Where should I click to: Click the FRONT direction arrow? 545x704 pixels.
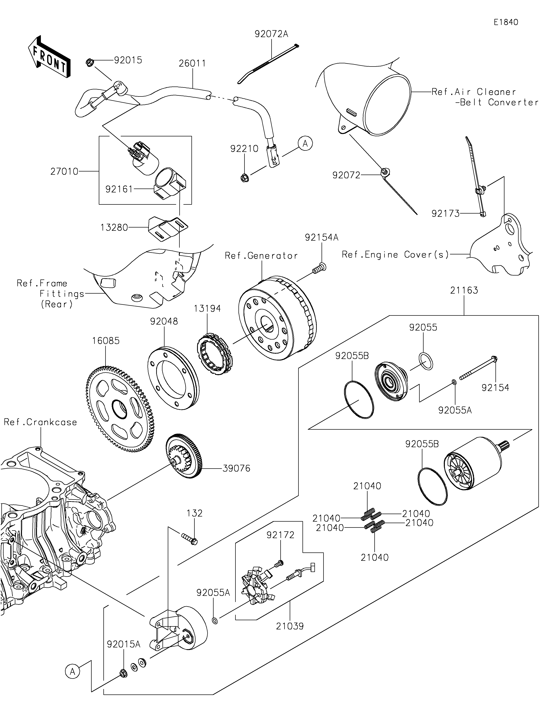click(x=49, y=57)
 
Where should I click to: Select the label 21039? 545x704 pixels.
click(x=290, y=626)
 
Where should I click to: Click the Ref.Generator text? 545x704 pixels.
click(x=261, y=256)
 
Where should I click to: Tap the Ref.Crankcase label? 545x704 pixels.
click(x=40, y=422)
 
